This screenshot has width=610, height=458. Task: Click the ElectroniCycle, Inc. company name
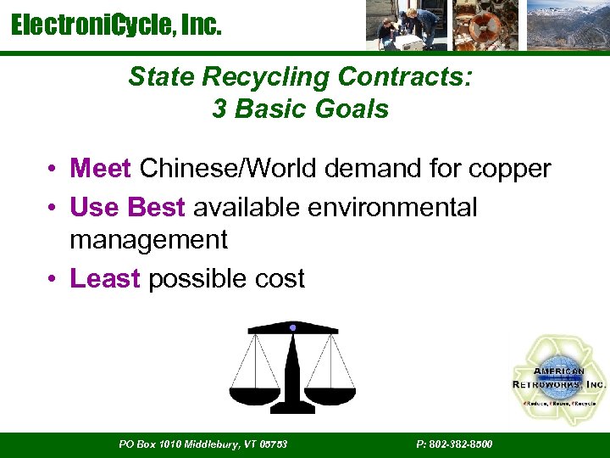click(116, 26)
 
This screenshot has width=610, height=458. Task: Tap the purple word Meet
click(101, 169)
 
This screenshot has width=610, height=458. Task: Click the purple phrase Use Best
click(128, 207)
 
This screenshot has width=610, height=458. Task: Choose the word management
click(148, 240)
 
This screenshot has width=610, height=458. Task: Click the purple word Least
click(105, 278)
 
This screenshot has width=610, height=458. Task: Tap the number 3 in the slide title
click(219, 109)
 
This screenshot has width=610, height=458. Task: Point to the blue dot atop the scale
click(292, 327)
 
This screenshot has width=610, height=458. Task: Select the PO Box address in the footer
click(202, 444)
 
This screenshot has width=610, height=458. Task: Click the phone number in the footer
click(455, 444)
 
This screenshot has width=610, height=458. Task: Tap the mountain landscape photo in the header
click(567, 25)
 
